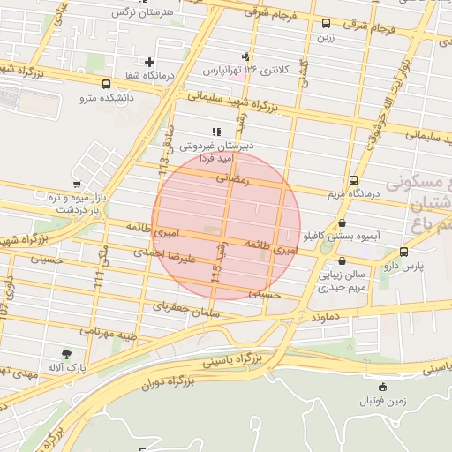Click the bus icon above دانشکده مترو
coord(107,85)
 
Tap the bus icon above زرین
coord(327,24)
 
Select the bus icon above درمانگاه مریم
coord(354,179)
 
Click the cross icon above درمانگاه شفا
coord(150,63)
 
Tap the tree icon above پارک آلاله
coord(66,354)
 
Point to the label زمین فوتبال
coord(382,401)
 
